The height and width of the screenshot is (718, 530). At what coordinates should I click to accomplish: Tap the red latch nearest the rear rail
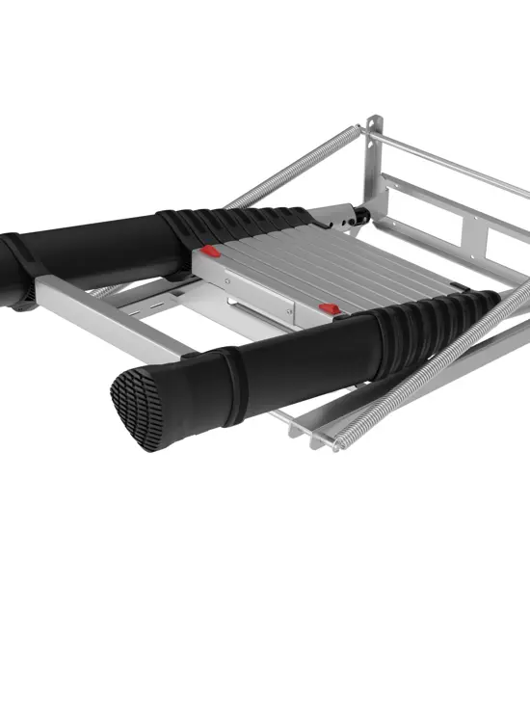(210, 253)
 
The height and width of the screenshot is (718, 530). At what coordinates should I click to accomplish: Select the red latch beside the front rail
(329, 309)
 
